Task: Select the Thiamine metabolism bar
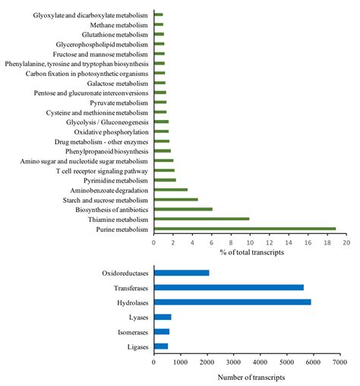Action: pyautogui.click(x=201, y=219)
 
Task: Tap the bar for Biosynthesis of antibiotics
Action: pyautogui.click(x=183, y=209)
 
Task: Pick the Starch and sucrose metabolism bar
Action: pyautogui.click(x=175, y=200)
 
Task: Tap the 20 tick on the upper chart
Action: pyautogui.click(x=346, y=242)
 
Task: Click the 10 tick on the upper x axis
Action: pyautogui.click(x=250, y=242)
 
